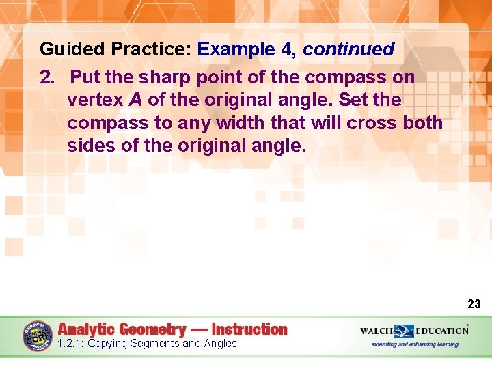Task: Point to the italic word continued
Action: (x=348, y=49)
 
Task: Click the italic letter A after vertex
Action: (x=135, y=100)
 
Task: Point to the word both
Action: (x=422, y=124)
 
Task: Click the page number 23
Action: (x=474, y=303)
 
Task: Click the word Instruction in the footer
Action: (x=249, y=329)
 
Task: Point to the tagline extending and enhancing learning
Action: (x=415, y=344)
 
